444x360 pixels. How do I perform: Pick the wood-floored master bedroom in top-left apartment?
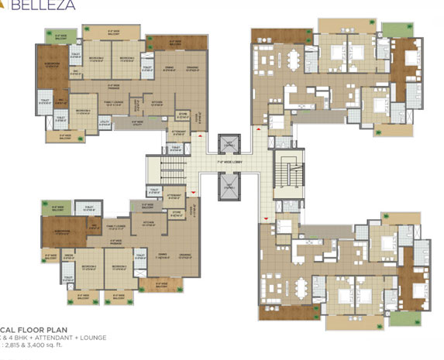pos(52,70)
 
